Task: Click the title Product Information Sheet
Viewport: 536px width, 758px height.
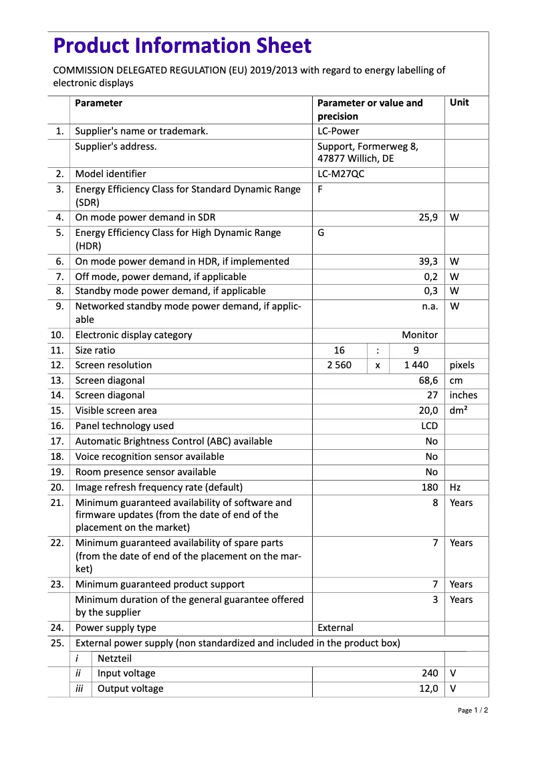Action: click(x=182, y=46)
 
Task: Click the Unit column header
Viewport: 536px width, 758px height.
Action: click(x=459, y=103)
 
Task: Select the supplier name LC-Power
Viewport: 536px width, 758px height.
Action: click(x=338, y=131)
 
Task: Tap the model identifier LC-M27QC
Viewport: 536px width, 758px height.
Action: click(x=341, y=174)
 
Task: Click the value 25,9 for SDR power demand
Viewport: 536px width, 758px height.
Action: click(x=428, y=217)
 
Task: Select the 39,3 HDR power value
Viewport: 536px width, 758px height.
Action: click(x=428, y=261)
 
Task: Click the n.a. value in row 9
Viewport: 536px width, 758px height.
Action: click(x=430, y=306)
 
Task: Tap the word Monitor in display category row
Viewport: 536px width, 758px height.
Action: click(x=420, y=335)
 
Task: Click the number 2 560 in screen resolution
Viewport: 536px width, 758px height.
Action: click(x=339, y=365)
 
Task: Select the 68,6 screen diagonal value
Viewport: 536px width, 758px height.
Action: click(x=428, y=380)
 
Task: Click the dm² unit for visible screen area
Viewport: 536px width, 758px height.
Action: click(x=458, y=410)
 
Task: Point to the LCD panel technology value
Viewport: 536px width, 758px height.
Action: click(x=429, y=426)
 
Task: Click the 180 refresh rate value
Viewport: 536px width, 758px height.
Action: click(x=430, y=487)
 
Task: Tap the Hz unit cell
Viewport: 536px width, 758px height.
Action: click(x=455, y=487)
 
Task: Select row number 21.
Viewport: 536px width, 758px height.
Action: click(x=57, y=503)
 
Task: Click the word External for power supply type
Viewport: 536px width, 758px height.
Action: click(x=336, y=628)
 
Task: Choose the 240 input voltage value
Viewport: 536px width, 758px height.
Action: click(x=430, y=673)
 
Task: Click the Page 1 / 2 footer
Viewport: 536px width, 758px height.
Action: click(x=473, y=711)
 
